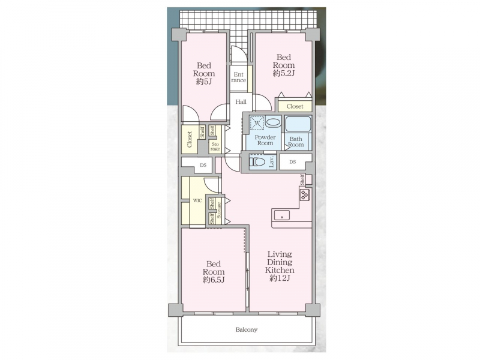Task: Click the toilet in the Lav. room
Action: point(257,161)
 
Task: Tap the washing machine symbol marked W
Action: point(257,123)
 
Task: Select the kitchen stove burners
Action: point(305,194)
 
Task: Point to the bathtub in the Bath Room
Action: point(298,124)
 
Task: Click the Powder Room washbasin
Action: point(273,122)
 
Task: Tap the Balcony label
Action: point(247,329)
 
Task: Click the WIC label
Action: point(197,201)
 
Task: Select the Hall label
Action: point(241,101)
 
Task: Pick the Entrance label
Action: point(238,77)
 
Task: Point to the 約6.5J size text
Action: point(214,280)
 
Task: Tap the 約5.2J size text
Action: point(284,73)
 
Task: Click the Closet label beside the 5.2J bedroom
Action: point(295,107)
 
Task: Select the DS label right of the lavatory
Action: point(293,162)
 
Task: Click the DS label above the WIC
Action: point(203,165)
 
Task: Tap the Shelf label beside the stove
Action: point(302,179)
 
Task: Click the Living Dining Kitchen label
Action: point(280,262)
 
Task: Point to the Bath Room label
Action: point(296,142)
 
